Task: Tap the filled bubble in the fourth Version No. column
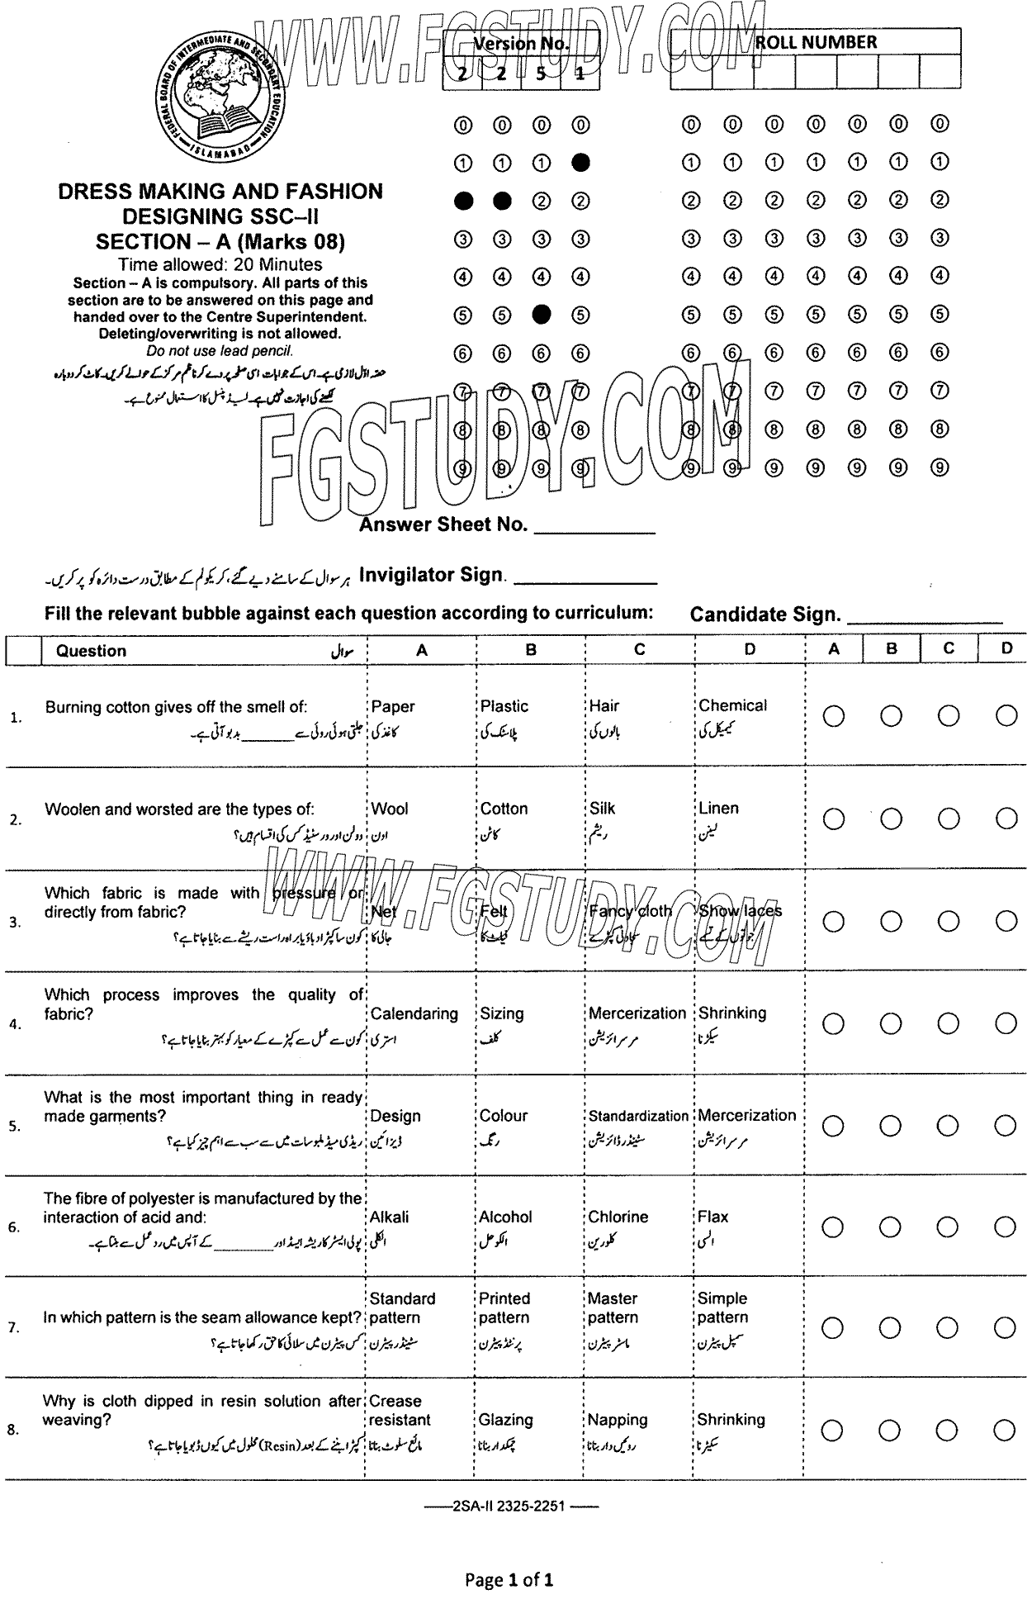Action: click(580, 162)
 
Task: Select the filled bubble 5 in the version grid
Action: click(542, 314)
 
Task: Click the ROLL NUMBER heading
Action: click(816, 43)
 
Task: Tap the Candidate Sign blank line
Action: click(925, 621)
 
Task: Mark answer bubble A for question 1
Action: click(834, 716)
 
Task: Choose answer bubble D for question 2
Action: click(1006, 819)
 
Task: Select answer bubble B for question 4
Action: click(891, 1023)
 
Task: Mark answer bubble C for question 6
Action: click(948, 1227)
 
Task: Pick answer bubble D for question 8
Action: click(1005, 1430)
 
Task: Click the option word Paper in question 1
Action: click(393, 707)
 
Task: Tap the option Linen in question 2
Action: click(718, 809)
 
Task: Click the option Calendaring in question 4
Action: click(414, 1013)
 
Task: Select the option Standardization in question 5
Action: click(638, 1116)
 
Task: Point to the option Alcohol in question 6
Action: click(505, 1217)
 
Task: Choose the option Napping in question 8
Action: click(618, 1420)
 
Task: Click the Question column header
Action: click(91, 651)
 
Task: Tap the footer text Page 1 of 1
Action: click(509, 1580)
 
